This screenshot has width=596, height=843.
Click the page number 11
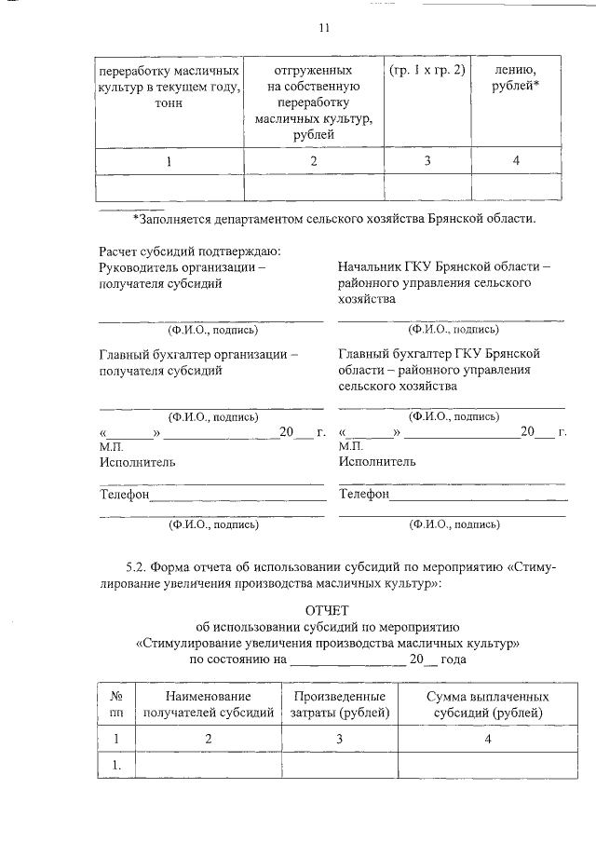pos(324,28)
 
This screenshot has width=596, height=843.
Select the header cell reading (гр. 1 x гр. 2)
pos(427,71)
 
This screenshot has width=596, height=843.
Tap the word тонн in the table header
pos(169,103)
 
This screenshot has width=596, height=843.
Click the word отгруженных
pos(314,71)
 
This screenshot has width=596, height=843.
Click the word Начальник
pos(372,267)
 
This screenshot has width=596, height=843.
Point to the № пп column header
pos(117,705)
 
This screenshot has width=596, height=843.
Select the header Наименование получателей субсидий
pos(209,705)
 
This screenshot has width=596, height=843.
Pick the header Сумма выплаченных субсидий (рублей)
pos(487,705)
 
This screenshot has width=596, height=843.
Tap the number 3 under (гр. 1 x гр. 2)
pos(427,160)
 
